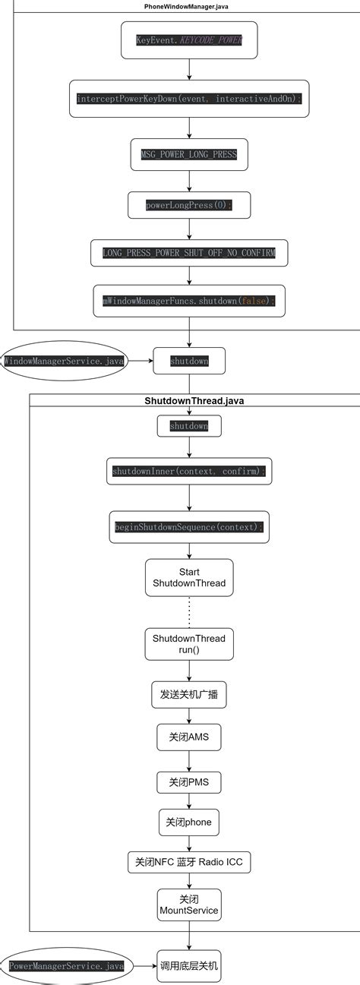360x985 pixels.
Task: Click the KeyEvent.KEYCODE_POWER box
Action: click(x=189, y=40)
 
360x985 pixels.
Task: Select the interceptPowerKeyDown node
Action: click(x=189, y=99)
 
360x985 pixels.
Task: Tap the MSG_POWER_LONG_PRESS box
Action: click(x=189, y=154)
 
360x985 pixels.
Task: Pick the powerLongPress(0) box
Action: click(x=189, y=205)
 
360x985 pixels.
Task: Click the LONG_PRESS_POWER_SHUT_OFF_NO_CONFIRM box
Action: click(x=189, y=252)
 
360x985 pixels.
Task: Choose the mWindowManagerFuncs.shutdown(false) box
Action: click(x=189, y=301)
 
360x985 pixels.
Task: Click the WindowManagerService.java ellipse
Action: click(x=64, y=361)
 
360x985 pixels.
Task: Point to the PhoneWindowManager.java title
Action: click(x=186, y=6)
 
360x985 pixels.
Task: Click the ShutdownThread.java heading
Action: click(x=194, y=400)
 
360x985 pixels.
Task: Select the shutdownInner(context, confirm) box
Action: click(x=189, y=472)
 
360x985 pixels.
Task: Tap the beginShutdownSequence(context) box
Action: click(x=189, y=527)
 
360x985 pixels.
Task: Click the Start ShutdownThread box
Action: click(x=189, y=577)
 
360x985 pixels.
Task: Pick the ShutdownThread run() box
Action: click(x=189, y=644)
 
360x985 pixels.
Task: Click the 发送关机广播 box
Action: click(x=189, y=694)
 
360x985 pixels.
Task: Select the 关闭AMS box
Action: click(x=189, y=737)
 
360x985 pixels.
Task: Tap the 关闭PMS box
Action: click(x=189, y=781)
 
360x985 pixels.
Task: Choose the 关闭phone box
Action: click(x=189, y=822)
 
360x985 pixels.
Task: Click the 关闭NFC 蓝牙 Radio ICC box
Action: click(x=189, y=863)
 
